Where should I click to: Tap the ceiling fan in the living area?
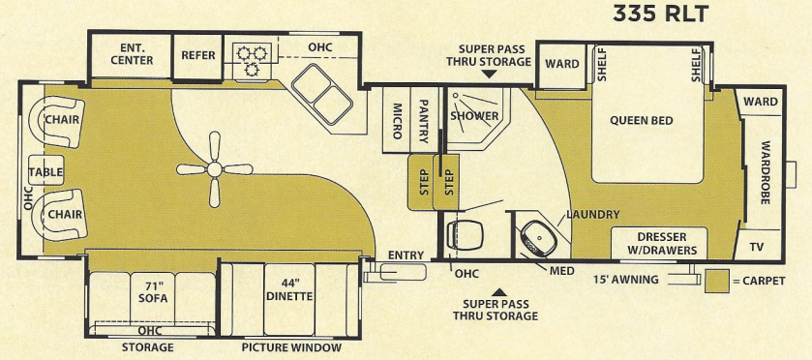215,169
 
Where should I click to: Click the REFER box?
198,55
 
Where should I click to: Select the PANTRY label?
423,117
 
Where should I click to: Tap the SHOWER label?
474,116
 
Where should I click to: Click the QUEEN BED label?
641,121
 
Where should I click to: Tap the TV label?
756,247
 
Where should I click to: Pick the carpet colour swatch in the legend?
717,281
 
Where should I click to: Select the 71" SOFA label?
153,291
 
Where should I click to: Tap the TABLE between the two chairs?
45,172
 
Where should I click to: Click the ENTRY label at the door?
406,255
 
